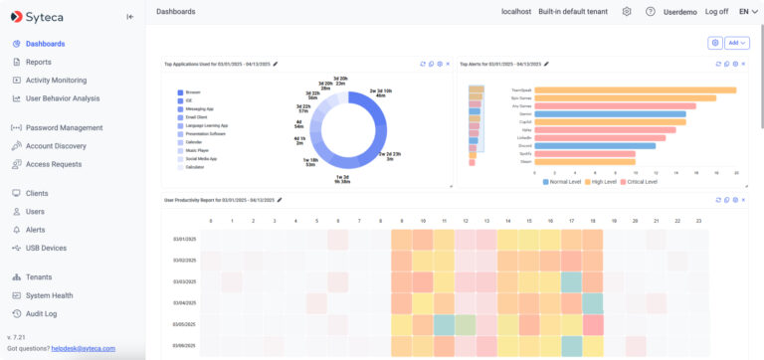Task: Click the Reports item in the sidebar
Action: click(x=39, y=62)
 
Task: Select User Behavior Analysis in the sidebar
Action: click(x=63, y=98)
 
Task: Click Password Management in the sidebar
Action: click(x=64, y=127)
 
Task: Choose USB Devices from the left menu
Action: click(x=46, y=248)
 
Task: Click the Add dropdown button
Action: click(x=737, y=43)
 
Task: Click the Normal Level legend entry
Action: click(x=564, y=183)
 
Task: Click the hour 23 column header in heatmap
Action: click(x=698, y=221)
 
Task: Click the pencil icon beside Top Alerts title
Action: click(x=546, y=64)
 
